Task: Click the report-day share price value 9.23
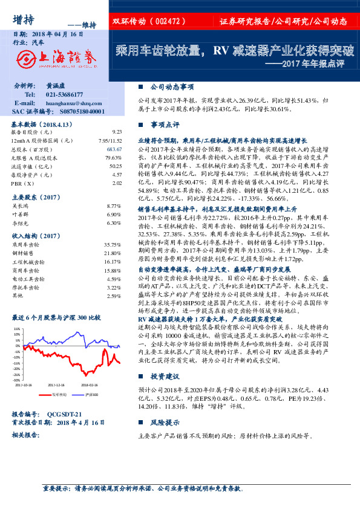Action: [x=117, y=131]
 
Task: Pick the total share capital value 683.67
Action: [x=114, y=148]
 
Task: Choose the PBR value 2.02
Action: [x=117, y=182]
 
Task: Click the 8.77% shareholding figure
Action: [x=114, y=206]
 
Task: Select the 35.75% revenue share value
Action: [x=113, y=245]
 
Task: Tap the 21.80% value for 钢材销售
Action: [x=113, y=253]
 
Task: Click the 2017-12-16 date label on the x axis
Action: [x=56, y=384]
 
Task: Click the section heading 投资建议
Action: [x=163, y=375]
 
